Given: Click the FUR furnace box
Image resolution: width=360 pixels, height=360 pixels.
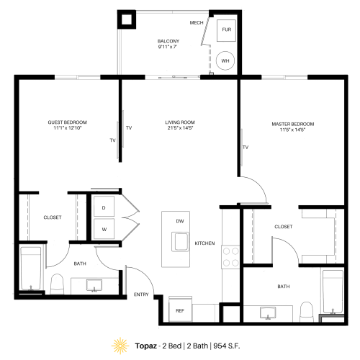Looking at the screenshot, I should coord(227,30).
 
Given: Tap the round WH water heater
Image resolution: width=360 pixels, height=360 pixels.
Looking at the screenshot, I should coord(225,61).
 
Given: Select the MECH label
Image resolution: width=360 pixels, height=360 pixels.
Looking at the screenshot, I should coord(197,23).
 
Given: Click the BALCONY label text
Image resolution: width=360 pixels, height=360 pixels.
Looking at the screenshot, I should coord(168,42).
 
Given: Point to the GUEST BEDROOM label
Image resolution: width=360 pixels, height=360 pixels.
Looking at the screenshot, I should coord(67,123).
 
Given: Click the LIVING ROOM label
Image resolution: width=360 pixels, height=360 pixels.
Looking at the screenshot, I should coord(180,123).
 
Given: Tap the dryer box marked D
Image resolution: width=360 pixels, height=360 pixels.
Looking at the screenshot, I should coord(104,207).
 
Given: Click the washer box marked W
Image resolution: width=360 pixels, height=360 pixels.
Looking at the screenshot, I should coord(104,230).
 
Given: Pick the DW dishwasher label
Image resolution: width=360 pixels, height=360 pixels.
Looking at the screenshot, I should coord(179,221).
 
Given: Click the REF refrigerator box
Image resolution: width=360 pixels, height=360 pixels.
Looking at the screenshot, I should coord(181,310).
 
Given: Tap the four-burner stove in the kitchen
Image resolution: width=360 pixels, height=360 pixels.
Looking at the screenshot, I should coord(230,256).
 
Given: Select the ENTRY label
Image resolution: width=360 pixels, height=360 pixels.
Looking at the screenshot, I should coord(142,294).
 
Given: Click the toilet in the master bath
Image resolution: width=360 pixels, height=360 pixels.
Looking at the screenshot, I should coord(307,310).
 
